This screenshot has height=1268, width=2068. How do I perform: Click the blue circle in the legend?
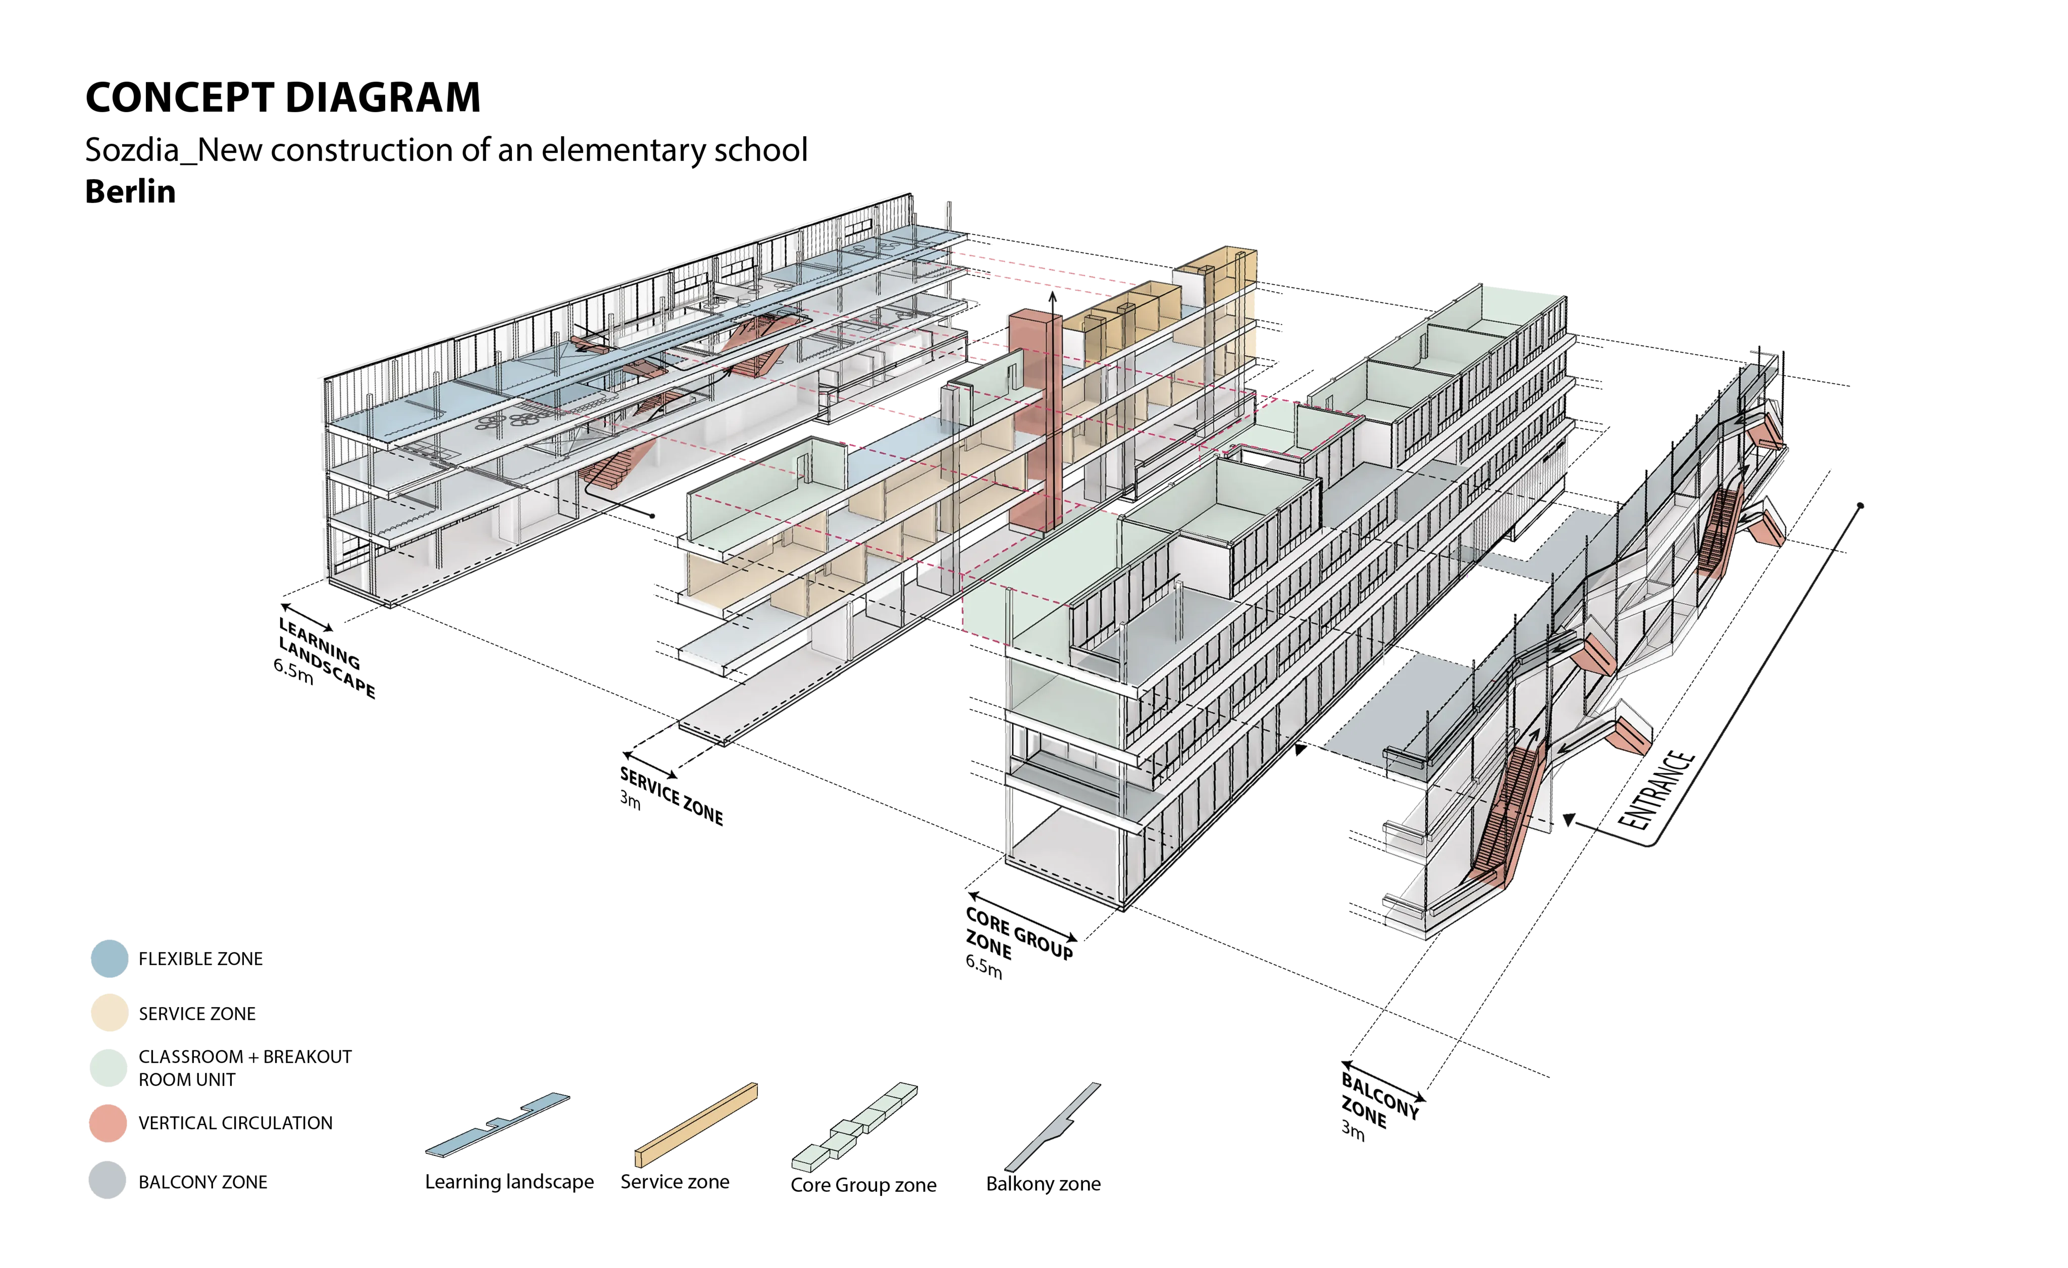[108, 958]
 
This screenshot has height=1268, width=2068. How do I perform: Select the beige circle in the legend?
[108, 1012]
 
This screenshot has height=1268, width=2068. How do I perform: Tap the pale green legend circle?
[108, 1068]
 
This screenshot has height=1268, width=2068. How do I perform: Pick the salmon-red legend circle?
[108, 1123]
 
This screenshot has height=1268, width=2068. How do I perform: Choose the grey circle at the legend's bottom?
[108, 1179]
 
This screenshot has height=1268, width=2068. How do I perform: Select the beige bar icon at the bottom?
[697, 1125]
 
